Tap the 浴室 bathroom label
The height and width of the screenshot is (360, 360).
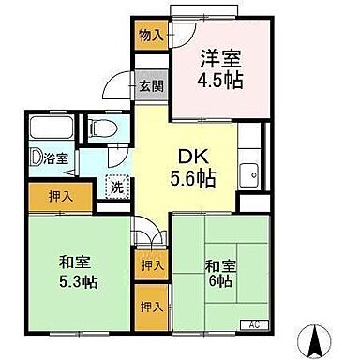56,158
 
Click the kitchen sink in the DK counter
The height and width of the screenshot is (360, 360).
250,173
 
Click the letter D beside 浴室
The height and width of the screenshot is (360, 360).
34,157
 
